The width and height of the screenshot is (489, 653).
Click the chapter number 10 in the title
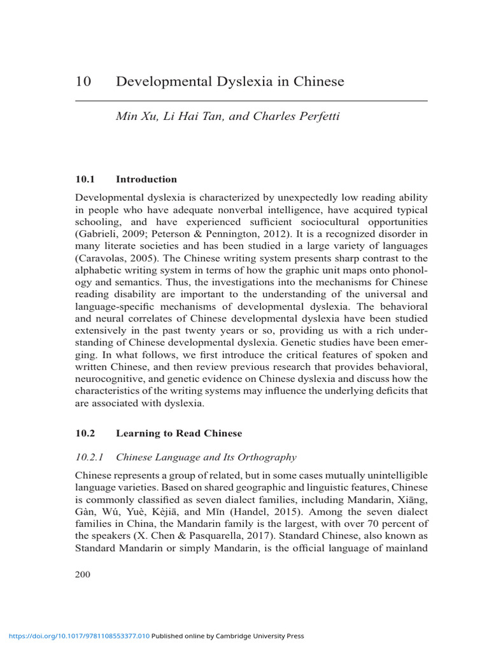[x=83, y=82]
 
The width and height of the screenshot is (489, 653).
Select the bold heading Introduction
[x=146, y=179]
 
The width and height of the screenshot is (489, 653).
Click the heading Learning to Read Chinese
[x=179, y=433]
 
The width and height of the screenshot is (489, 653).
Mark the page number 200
[x=83, y=575]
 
